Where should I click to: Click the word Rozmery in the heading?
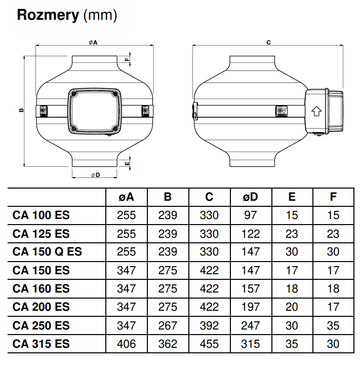click(48, 15)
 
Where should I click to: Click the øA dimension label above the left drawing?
click(93, 43)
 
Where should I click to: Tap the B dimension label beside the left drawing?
click(21, 109)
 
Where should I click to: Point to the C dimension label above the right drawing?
click(268, 43)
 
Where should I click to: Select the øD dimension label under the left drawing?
click(95, 175)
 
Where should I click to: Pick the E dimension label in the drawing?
click(127, 163)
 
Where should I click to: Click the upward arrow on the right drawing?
click(316, 110)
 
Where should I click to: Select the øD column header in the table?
click(250, 197)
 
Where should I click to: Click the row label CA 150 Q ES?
click(47, 252)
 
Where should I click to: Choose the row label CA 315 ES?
click(41, 344)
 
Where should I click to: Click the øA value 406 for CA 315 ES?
click(126, 344)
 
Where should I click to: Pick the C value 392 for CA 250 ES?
click(209, 325)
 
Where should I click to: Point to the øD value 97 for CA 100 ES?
click(250, 215)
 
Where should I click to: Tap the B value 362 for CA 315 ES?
click(168, 344)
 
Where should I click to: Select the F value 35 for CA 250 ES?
click(333, 325)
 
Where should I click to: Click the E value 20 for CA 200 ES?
click(292, 307)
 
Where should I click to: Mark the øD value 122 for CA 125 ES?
click(250, 234)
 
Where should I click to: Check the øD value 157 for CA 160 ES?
click(250, 288)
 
